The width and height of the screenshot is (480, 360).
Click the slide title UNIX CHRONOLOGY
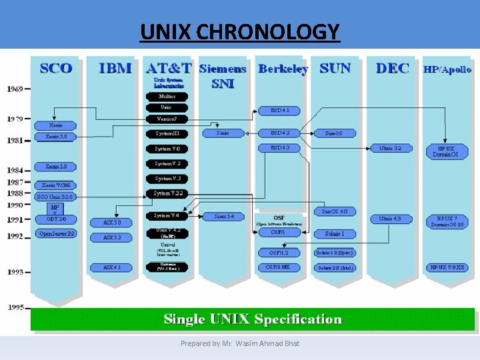(x=240, y=31)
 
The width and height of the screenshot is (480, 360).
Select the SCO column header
(x=56, y=68)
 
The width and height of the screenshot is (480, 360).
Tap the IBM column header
(x=115, y=68)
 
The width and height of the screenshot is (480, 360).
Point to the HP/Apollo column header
(x=447, y=69)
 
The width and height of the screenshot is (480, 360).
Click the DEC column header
(x=393, y=68)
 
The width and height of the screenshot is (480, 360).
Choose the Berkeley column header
(x=283, y=69)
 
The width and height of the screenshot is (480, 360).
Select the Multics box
(x=167, y=96)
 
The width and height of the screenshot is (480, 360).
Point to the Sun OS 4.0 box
(x=335, y=211)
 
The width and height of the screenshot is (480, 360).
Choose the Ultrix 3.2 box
(x=390, y=148)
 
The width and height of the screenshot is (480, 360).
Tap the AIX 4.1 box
(x=111, y=267)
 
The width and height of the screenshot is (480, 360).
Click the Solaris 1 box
(x=335, y=233)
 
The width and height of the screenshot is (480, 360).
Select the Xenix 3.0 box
(x=56, y=136)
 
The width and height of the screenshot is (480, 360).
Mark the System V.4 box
(x=167, y=215)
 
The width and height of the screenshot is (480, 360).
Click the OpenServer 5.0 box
(x=57, y=234)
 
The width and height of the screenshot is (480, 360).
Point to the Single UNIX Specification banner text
(x=253, y=319)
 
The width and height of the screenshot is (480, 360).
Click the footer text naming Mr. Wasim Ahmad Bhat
(x=240, y=343)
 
